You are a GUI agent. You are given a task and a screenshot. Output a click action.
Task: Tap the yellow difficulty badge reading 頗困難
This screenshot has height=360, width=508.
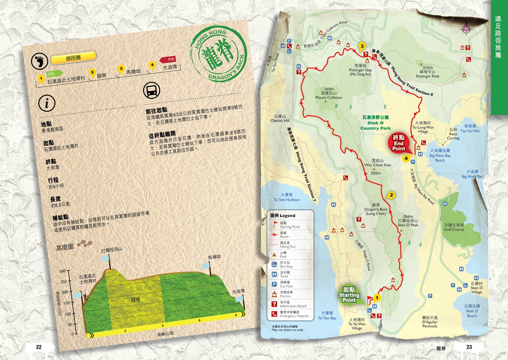click(x=73, y=57)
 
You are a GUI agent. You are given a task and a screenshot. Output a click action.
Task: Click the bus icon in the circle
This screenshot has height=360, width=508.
click(x=151, y=91)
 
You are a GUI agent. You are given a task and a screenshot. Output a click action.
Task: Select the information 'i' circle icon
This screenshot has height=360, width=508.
click(x=47, y=104)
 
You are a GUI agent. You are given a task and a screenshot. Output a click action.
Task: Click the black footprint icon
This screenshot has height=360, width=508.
click(x=39, y=62)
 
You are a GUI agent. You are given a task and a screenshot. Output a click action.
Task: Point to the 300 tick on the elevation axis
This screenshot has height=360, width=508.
click(x=62, y=271)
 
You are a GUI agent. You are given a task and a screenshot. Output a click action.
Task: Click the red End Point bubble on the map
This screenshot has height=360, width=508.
click(x=399, y=143)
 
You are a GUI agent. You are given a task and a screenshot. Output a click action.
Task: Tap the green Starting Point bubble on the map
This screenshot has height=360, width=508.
click(x=349, y=294)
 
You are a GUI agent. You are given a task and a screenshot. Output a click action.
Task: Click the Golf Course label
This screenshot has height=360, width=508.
click(x=454, y=227)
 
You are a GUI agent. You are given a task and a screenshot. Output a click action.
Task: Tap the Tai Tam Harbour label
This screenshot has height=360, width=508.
click(x=287, y=197)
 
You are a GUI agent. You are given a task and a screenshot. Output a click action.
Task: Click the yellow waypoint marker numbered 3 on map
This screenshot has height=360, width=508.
click(x=362, y=46)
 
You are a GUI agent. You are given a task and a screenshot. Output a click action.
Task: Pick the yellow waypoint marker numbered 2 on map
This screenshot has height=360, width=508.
click(x=391, y=195)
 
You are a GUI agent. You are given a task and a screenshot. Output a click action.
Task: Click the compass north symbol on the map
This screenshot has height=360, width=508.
click(x=466, y=29)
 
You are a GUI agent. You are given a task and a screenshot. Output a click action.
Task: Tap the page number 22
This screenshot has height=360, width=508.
click(x=39, y=347)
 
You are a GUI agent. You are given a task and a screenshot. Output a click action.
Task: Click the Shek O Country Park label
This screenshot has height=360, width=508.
click(x=375, y=123)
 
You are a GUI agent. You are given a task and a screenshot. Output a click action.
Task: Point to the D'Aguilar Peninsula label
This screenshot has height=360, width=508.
click(x=430, y=322)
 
